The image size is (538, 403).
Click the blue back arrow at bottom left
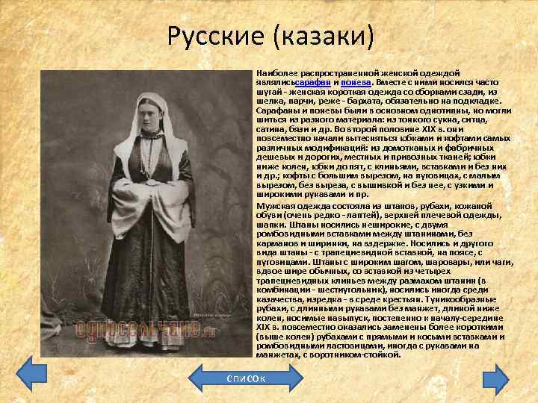click(31, 373)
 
